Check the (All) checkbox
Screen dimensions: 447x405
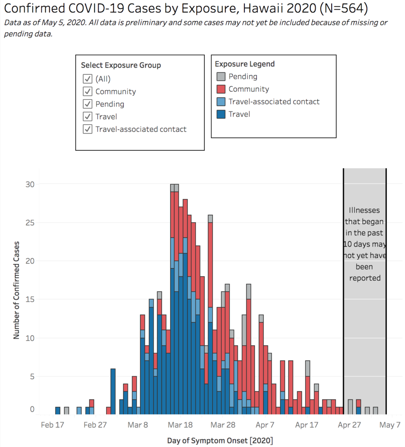point(88,79)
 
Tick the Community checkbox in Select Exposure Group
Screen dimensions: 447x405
point(88,92)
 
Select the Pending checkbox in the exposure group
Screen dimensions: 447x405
point(88,104)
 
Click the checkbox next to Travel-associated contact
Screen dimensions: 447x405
point(88,129)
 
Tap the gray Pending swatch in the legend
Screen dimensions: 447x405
point(221,77)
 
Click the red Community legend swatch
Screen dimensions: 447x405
point(221,89)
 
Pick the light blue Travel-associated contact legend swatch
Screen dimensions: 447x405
point(221,102)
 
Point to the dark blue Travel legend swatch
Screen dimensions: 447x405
point(221,114)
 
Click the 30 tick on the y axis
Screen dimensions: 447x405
point(29,184)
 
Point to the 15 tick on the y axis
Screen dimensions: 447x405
point(29,299)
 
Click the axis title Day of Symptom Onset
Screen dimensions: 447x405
point(220,440)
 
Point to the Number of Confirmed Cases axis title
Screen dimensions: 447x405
point(17,290)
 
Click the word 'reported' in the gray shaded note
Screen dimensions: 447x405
point(365,278)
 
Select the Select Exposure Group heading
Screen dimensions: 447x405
point(121,65)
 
